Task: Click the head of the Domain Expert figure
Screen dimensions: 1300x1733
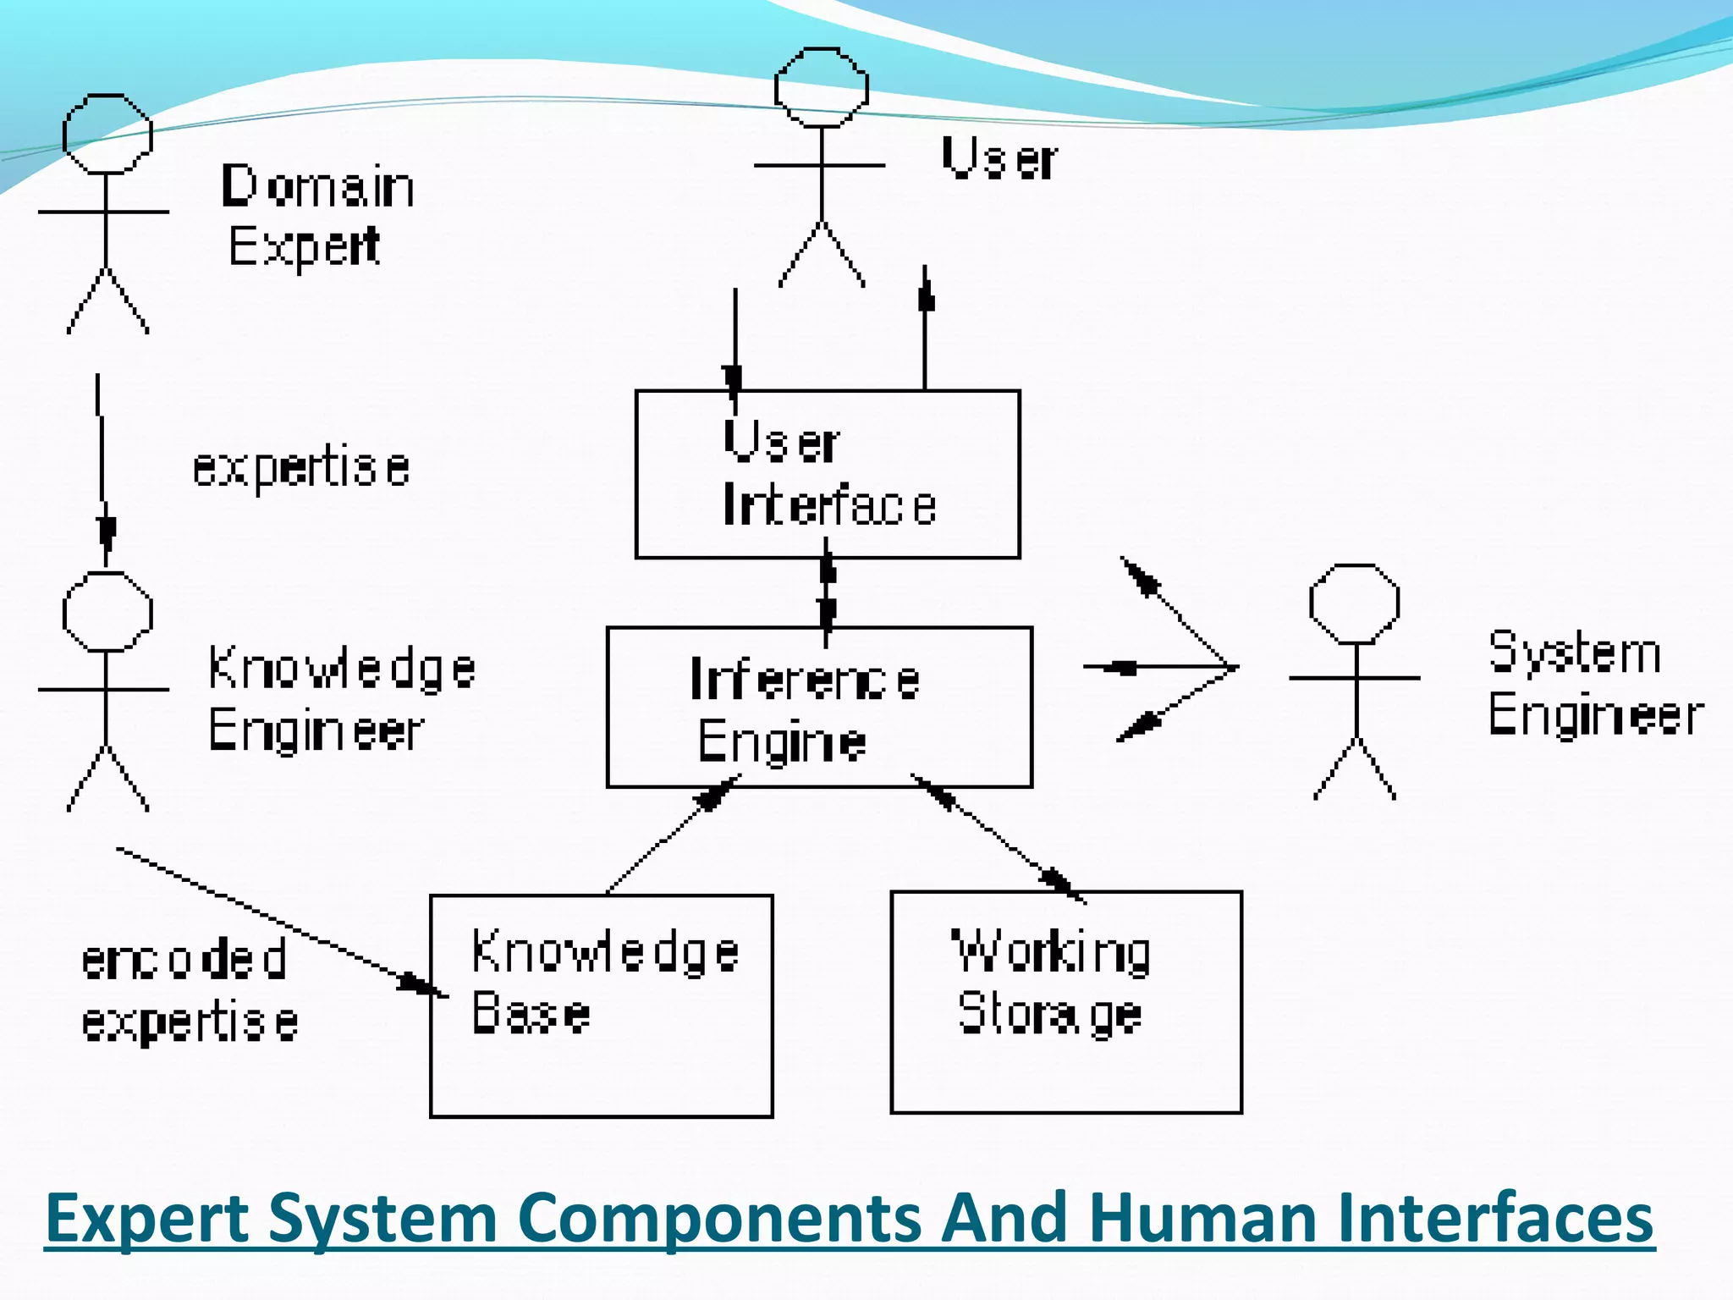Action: pos(107,134)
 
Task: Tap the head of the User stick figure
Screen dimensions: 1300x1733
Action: pos(821,87)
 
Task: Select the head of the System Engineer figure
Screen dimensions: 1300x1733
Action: pos(1354,604)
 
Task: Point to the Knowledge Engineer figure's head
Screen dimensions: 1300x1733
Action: pos(107,611)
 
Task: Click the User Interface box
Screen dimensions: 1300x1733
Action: pos(828,474)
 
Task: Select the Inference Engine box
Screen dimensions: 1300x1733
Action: pos(819,708)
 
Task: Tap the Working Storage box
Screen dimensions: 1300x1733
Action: pos(1066,1002)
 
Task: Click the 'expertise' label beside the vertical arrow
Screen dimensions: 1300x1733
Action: pos(301,468)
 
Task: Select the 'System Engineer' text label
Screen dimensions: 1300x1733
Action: pos(1594,684)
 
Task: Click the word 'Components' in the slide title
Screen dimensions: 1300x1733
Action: pos(718,1218)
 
